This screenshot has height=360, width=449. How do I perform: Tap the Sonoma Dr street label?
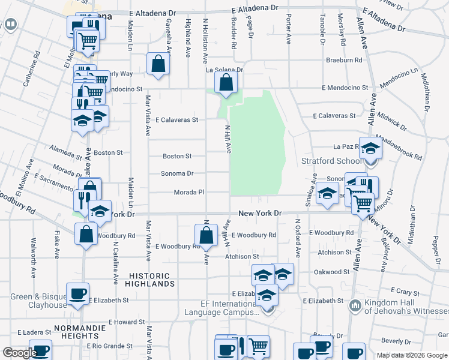177,174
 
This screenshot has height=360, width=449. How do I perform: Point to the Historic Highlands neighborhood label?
151,279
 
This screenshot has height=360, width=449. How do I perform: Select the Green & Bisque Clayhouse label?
39,301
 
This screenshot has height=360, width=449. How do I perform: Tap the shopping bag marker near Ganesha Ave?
157,64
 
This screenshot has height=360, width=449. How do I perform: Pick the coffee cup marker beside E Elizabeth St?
77,293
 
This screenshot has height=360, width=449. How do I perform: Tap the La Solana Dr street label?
224,70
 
